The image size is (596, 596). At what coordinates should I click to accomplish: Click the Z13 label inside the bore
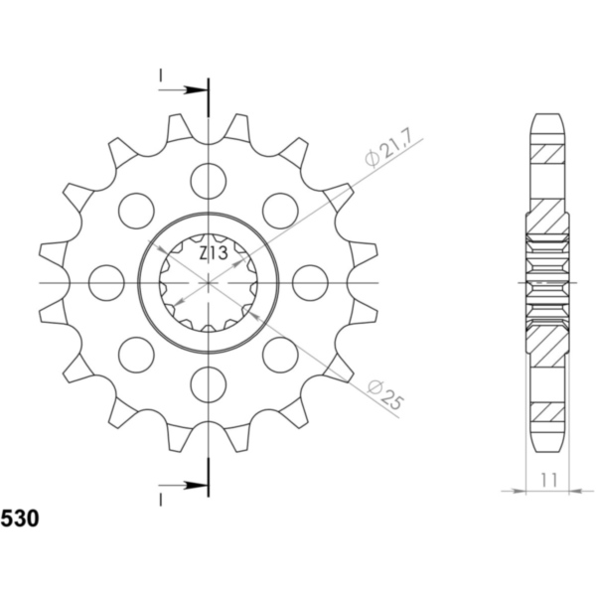click(x=213, y=253)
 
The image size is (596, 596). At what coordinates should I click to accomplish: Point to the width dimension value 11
click(x=547, y=480)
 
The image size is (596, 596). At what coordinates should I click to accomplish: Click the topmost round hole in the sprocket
click(x=209, y=181)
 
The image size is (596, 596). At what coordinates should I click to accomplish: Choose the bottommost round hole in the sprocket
click(x=209, y=383)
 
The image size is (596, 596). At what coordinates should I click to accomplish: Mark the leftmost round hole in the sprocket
click(x=106, y=282)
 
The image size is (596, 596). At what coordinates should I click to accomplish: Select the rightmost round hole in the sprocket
click(x=310, y=282)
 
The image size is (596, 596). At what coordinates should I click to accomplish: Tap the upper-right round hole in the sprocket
click(x=280, y=210)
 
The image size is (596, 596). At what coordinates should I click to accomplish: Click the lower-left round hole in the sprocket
click(x=136, y=354)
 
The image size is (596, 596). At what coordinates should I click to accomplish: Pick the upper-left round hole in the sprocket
click(x=136, y=210)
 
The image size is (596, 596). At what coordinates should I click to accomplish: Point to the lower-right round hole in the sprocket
click(x=280, y=354)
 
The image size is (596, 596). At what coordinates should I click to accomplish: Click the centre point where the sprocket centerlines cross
click(x=209, y=282)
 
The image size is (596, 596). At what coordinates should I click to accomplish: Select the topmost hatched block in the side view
click(x=547, y=155)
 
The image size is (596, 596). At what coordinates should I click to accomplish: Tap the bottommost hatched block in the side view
click(x=547, y=409)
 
